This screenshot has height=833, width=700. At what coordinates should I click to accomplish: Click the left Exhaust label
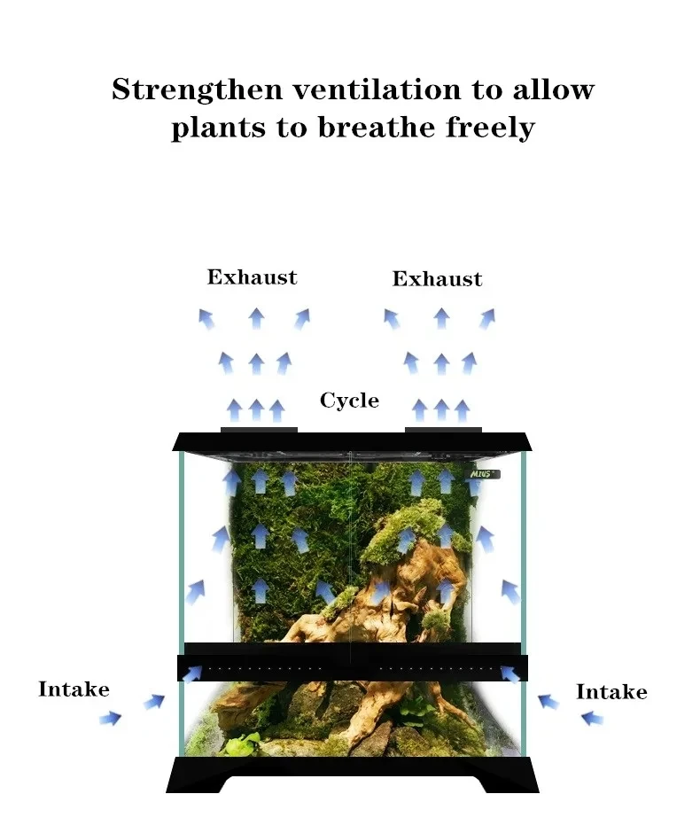click(x=252, y=277)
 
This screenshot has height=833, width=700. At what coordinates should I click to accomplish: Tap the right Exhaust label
click(x=437, y=279)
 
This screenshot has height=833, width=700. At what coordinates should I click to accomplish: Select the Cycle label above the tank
click(x=349, y=401)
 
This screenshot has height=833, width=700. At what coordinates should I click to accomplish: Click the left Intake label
click(x=74, y=689)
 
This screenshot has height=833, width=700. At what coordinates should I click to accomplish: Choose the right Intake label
click(x=611, y=691)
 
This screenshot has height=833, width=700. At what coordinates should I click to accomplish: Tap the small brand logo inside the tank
click(x=485, y=474)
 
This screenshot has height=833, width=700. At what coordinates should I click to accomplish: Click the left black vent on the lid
click(x=259, y=430)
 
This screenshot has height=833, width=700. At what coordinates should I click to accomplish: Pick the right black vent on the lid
click(x=443, y=430)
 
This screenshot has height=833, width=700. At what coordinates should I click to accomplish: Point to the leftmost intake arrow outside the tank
click(x=110, y=718)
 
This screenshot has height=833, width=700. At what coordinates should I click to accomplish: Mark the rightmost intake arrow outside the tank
click(x=591, y=718)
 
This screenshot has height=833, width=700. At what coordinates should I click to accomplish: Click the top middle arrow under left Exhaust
click(x=256, y=317)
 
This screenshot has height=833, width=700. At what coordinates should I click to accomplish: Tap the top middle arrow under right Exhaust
click(x=441, y=317)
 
